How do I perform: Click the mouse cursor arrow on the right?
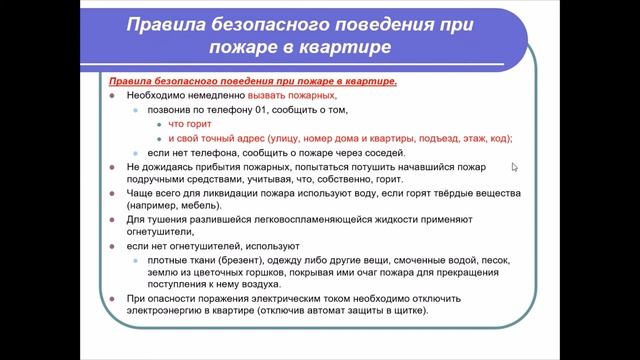(x=515, y=168)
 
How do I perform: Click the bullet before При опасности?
(x=115, y=299)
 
